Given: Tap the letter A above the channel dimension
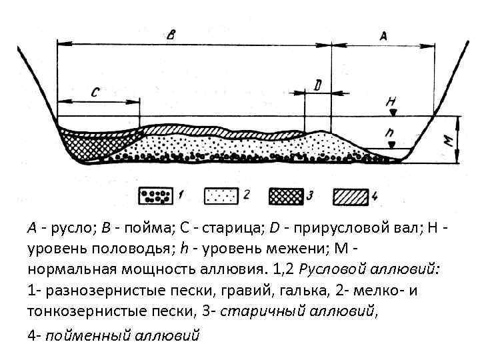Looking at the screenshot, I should point(383,37).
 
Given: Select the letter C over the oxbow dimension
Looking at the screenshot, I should point(95,93).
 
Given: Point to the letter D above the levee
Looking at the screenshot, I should point(318,85).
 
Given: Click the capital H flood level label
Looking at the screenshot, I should point(391,102).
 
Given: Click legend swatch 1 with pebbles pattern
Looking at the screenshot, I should point(155,196).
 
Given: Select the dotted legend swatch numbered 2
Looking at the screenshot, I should point(219,196).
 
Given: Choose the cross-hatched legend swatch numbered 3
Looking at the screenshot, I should point(285,196).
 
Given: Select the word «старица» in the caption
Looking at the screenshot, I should point(220,229).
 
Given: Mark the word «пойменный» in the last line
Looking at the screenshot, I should point(87,335).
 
